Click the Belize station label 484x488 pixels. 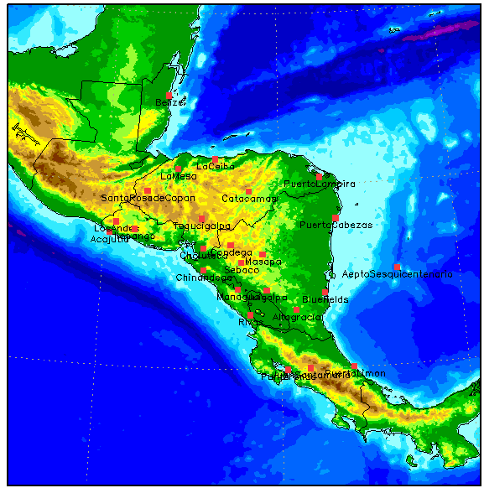tap(168, 102)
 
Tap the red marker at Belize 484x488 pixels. tap(170, 94)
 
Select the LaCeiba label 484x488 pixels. tap(215, 166)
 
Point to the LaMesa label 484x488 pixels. tap(179, 176)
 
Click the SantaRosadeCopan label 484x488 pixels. tap(148, 198)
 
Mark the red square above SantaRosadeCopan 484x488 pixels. tap(148, 190)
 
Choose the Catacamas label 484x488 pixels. tap(249, 199)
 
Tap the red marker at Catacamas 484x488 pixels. tap(248, 191)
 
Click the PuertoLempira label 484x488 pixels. tap(319, 184)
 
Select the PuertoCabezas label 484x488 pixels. tap(336, 225)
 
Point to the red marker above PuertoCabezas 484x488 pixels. tap(336, 217)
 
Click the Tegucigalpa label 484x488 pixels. tap(201, 226)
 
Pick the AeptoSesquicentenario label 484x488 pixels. tap(397, 274)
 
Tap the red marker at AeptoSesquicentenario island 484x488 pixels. tap(397, 267)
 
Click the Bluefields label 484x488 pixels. tap(325, 299)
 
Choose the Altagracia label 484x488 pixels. tap(297, 317)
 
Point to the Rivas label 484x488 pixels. tap(250, 322)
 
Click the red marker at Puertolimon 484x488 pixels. tap(354, 366)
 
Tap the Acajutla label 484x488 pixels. tap(109, 239)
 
